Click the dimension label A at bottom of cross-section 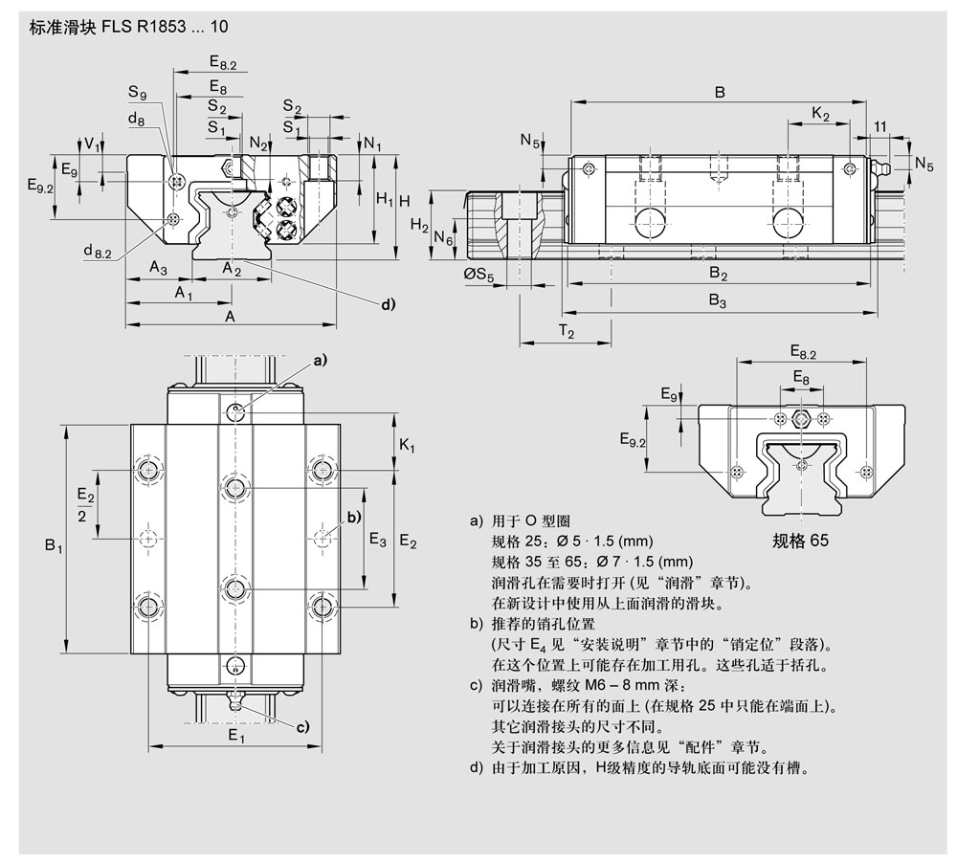coord(230,316)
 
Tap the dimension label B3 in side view coord(718,300)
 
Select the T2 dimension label coord(567,332)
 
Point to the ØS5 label coord(478,277)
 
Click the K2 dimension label coord(820,113)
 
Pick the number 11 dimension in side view coord(879,126)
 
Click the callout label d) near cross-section coord(388,304)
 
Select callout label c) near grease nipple coord(302,728)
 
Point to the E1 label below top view coord(236,737)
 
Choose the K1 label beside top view coord(407,446)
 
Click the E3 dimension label coord(377,540)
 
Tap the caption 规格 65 coord(800,540)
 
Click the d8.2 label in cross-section coord(97,251)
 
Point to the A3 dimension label coord(158,269)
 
